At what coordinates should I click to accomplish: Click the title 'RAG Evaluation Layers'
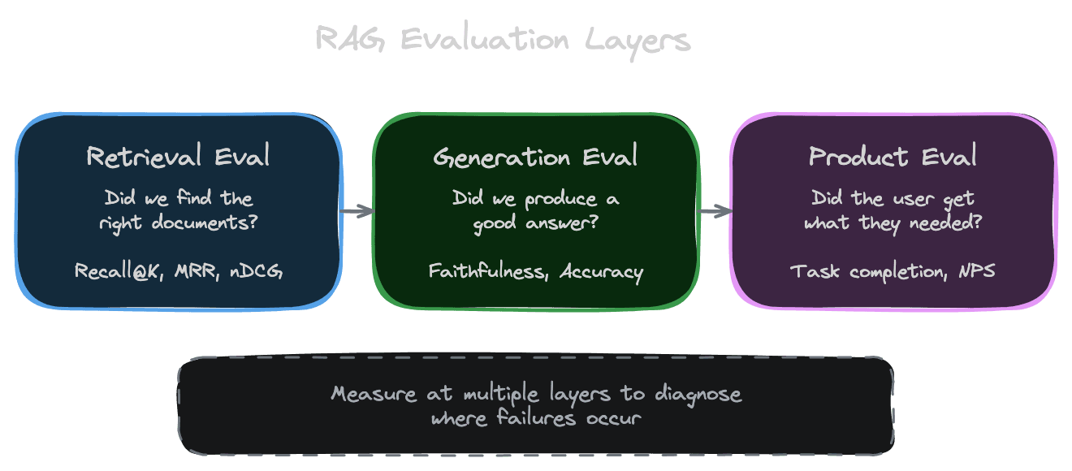tap(503, 40)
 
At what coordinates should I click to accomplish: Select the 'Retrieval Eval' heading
tap(178, 157)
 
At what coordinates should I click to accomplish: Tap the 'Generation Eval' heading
tap(535, 157)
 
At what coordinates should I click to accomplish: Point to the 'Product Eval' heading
tap(893, 157)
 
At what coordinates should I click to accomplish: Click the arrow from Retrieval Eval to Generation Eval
tap(357, 211)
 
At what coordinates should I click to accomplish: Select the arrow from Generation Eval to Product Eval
tap(715, 211)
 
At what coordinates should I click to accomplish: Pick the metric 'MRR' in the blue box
tap(195, 271)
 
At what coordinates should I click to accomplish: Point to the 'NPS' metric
tap(976, 271)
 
